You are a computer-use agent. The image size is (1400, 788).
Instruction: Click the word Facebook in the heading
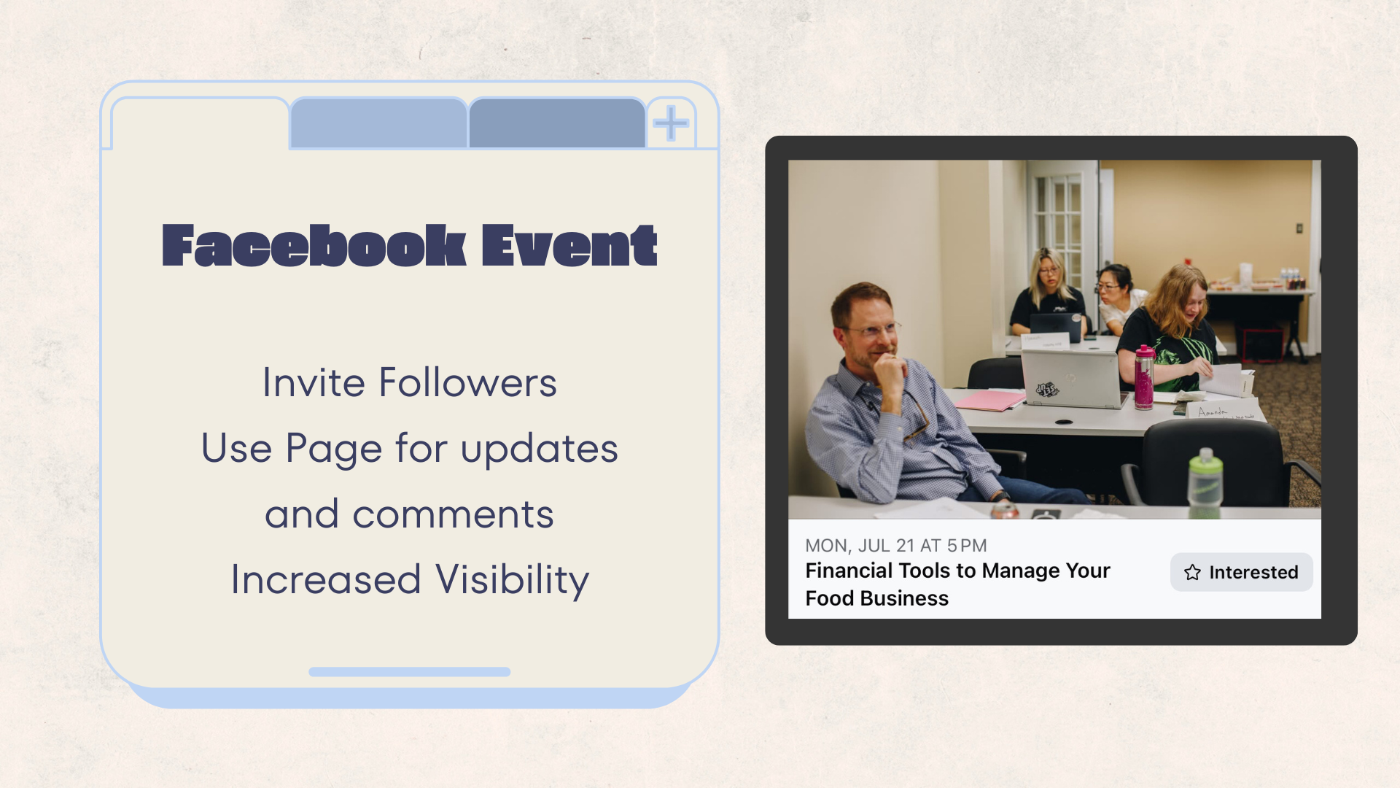click(x=314, y=245)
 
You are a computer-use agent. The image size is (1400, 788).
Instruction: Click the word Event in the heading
click(x=569, y=245)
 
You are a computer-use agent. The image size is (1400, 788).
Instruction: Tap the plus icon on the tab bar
click(x=671, y=123)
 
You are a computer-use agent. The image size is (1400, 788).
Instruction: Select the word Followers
click(x=468, y=382)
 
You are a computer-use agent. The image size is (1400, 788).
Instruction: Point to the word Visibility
click(x=512, y=581)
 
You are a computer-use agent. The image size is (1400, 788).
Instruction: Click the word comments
click(x=453, y=514)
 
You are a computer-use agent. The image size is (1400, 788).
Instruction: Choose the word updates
click(x=540, y=449)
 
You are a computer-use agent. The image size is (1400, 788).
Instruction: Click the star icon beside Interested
click(x=1192, y=572)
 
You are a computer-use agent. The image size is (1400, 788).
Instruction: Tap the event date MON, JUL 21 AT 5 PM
click(x=895, y=546)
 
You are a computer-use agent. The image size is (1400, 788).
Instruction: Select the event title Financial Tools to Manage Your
click(x=957, y=571)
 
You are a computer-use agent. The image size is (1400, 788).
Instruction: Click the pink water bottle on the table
click(x=1144, y=377)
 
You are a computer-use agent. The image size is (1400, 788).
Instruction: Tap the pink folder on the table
click(x=989, y=401)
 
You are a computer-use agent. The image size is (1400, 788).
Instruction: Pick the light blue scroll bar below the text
click(x=409, y=672)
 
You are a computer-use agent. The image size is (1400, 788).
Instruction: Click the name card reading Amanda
click(x=1224, y=411)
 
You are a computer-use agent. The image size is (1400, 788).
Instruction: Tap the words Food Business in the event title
click(x=876, y=598)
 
